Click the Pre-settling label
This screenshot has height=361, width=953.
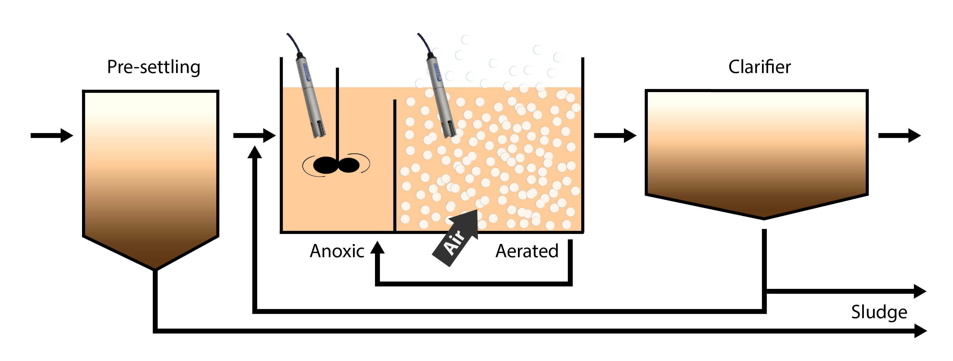point(154,67)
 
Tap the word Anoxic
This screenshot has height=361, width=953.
point(337,251)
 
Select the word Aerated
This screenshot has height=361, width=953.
point(526,251)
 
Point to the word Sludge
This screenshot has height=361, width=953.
point(879,312)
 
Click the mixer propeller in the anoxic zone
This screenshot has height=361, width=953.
point(336,165)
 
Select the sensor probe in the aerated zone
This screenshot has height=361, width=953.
point(442,96)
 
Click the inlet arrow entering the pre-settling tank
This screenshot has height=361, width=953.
point(52,135)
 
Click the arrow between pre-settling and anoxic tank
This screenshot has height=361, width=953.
point(255,135)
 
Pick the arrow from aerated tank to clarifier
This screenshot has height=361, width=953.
point(615,135)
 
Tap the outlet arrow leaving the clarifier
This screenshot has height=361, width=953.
point(899,135)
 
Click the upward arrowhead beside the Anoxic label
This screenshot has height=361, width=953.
point(377,247)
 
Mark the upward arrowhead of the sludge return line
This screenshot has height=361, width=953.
point(255,152)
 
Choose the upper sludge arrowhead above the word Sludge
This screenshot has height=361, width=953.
point(920,291)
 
